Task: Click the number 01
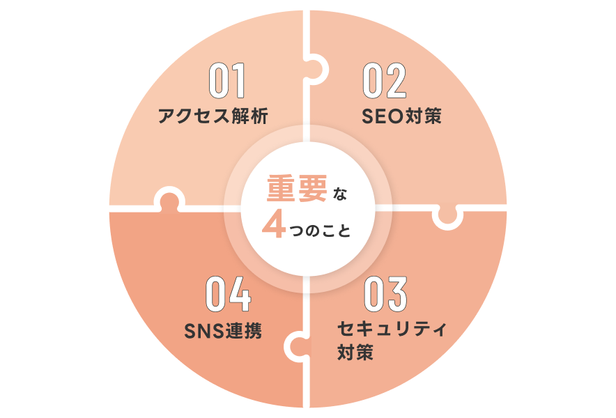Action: tap(227, 82)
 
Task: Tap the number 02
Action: tap(385, 82)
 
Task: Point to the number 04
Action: tap(228, 295)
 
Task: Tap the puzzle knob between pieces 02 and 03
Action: tap(447, 217)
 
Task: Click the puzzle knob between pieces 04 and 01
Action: tap(168, 199)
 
